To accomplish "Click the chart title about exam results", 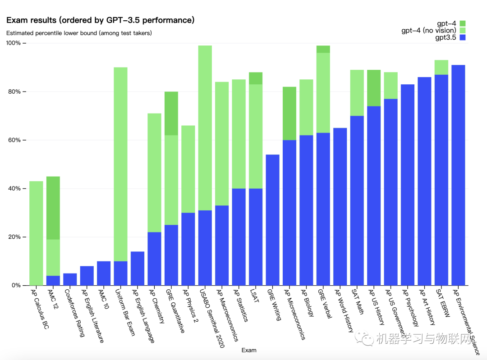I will coord(100,20).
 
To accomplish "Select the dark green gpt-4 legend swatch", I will coord(462,23).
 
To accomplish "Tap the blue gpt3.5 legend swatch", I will coord(462,37).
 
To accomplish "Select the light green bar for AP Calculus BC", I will coord(36,233).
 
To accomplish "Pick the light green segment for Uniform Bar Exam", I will coord(120,164).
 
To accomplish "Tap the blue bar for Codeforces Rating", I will coord(70,279).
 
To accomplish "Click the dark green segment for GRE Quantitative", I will coord(171,114).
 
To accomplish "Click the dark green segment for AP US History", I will coord(373,88).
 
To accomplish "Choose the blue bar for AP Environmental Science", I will coord(458,175).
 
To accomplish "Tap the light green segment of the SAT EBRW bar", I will coord(441,68).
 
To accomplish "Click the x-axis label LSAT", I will coord(256,298).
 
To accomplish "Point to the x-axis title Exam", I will coord(249,350).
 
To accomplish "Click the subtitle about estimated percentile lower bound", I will coord(79,33).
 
